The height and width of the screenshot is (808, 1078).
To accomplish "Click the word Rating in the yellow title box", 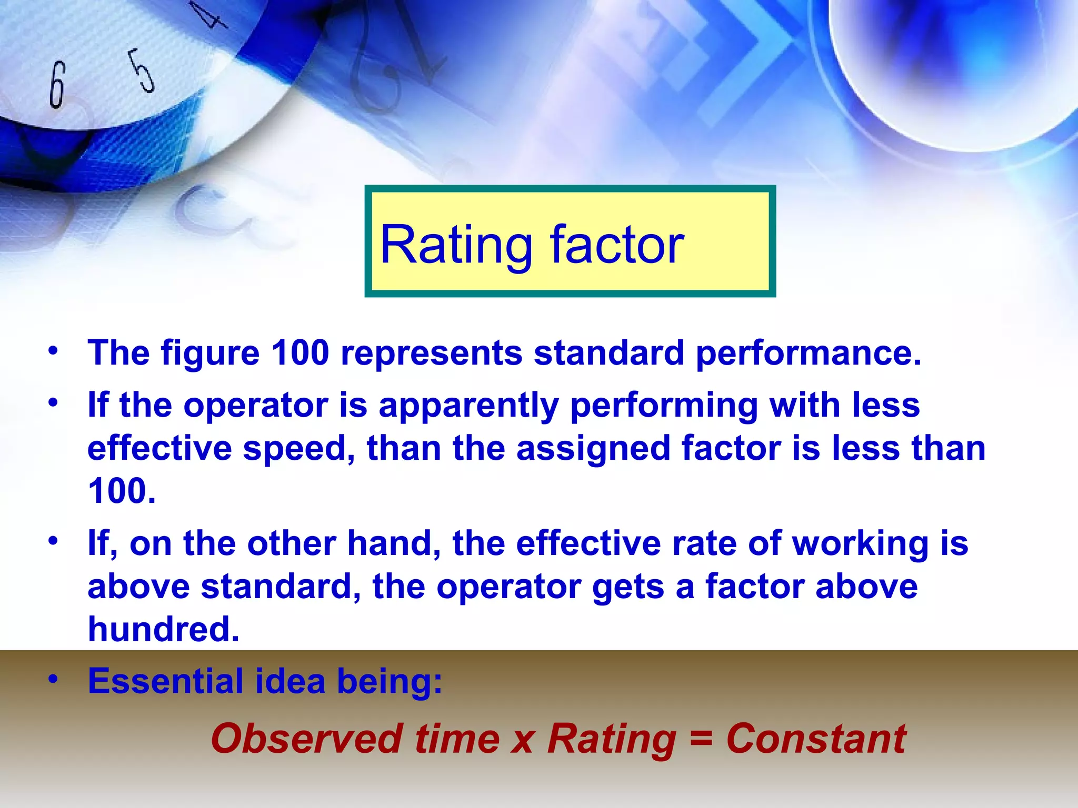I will pos(456,245).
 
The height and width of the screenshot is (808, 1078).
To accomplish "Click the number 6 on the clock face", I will pos(57,84).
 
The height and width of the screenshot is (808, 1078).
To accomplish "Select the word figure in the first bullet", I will pos(210,353).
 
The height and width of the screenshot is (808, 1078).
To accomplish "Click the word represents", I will pos(431,353).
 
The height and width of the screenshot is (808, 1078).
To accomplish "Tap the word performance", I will pos(808,353).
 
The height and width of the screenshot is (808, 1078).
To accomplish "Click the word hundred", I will pos(164,629).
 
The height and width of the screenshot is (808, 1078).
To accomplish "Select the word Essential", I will pos(165,681).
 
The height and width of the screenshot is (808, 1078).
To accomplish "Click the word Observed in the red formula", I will pos(307,739).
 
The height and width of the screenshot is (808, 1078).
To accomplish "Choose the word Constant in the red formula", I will pos(816,739).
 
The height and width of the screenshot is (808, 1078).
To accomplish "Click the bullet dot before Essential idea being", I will pos(52,679).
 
